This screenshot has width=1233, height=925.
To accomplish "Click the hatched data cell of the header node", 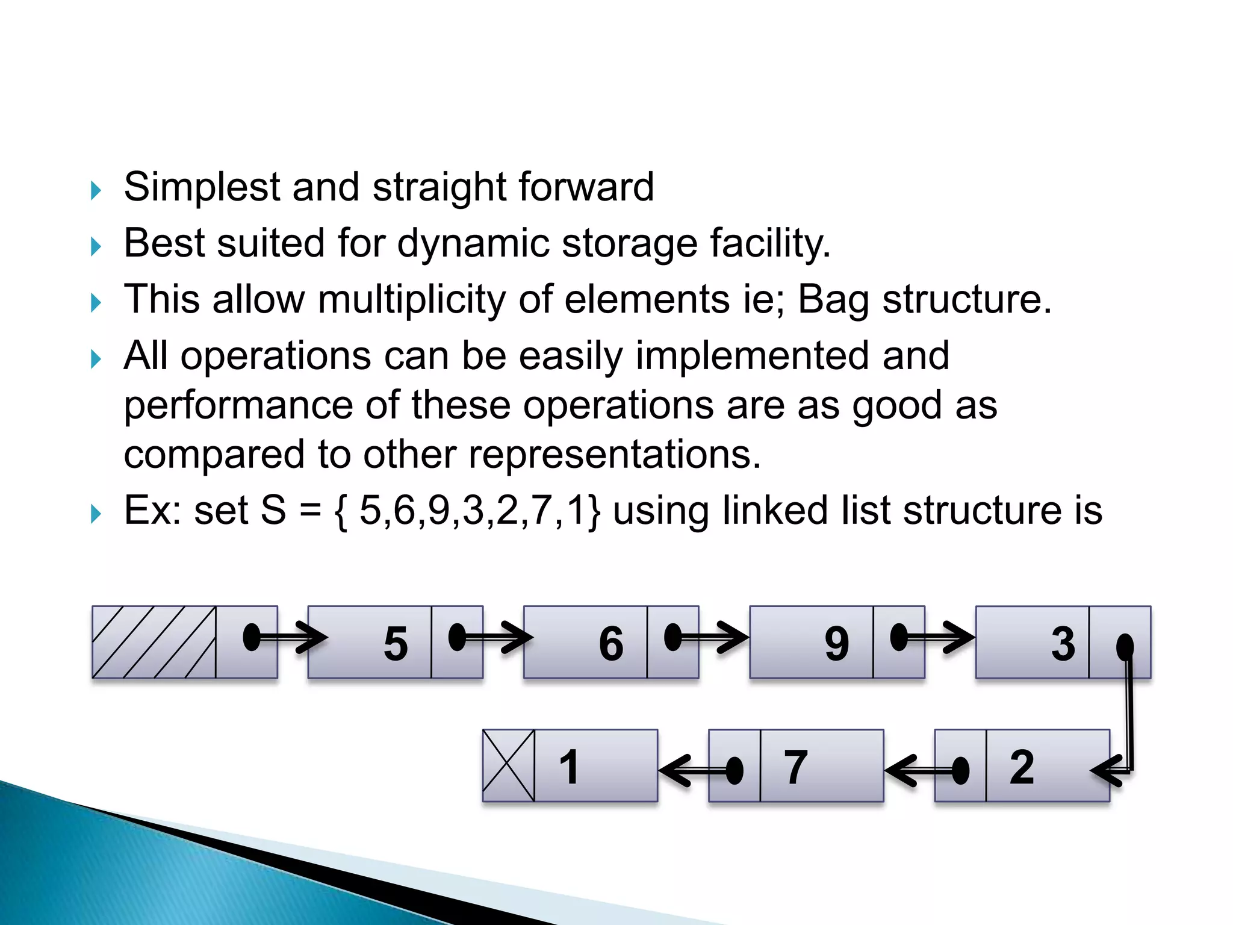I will pyautogui.click(x=154, y=642).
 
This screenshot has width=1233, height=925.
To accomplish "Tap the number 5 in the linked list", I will pyautogui.click(x=396, y=643).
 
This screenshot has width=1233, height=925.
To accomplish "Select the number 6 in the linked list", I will pyautogui.click(x=611, y=643).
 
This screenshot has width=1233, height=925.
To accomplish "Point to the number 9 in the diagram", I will pyautogui.click(x=837, y=643).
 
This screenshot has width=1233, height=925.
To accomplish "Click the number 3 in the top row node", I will pyautogui.click(x=1063, y=643).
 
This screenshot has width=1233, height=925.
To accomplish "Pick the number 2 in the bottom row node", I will pyautogui.click(x=1022, y=767).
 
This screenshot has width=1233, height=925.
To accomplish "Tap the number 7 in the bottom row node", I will pyautogui.click(x=795, y=767).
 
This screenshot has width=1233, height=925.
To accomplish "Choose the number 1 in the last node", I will pyautogui.click(x=569, y=767).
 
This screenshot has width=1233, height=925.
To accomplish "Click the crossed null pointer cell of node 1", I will pyautogui.click(x=509, y=765).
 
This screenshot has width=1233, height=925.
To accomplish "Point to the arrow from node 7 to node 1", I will pyautogui.click(x=692, y=770).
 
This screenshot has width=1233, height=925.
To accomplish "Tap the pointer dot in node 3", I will pyautogui.click(x=1125, y=647).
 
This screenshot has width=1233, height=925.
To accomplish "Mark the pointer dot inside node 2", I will pyautogui.click(x=960, y=770).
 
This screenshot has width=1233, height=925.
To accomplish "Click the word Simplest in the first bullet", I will pyautogui.click(x=202, y=187).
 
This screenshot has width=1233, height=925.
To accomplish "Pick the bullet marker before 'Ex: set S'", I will pyautogui.click(x=96, y=514).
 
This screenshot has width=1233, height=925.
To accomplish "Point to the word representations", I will pyautogui.click(x=614, y=454).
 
